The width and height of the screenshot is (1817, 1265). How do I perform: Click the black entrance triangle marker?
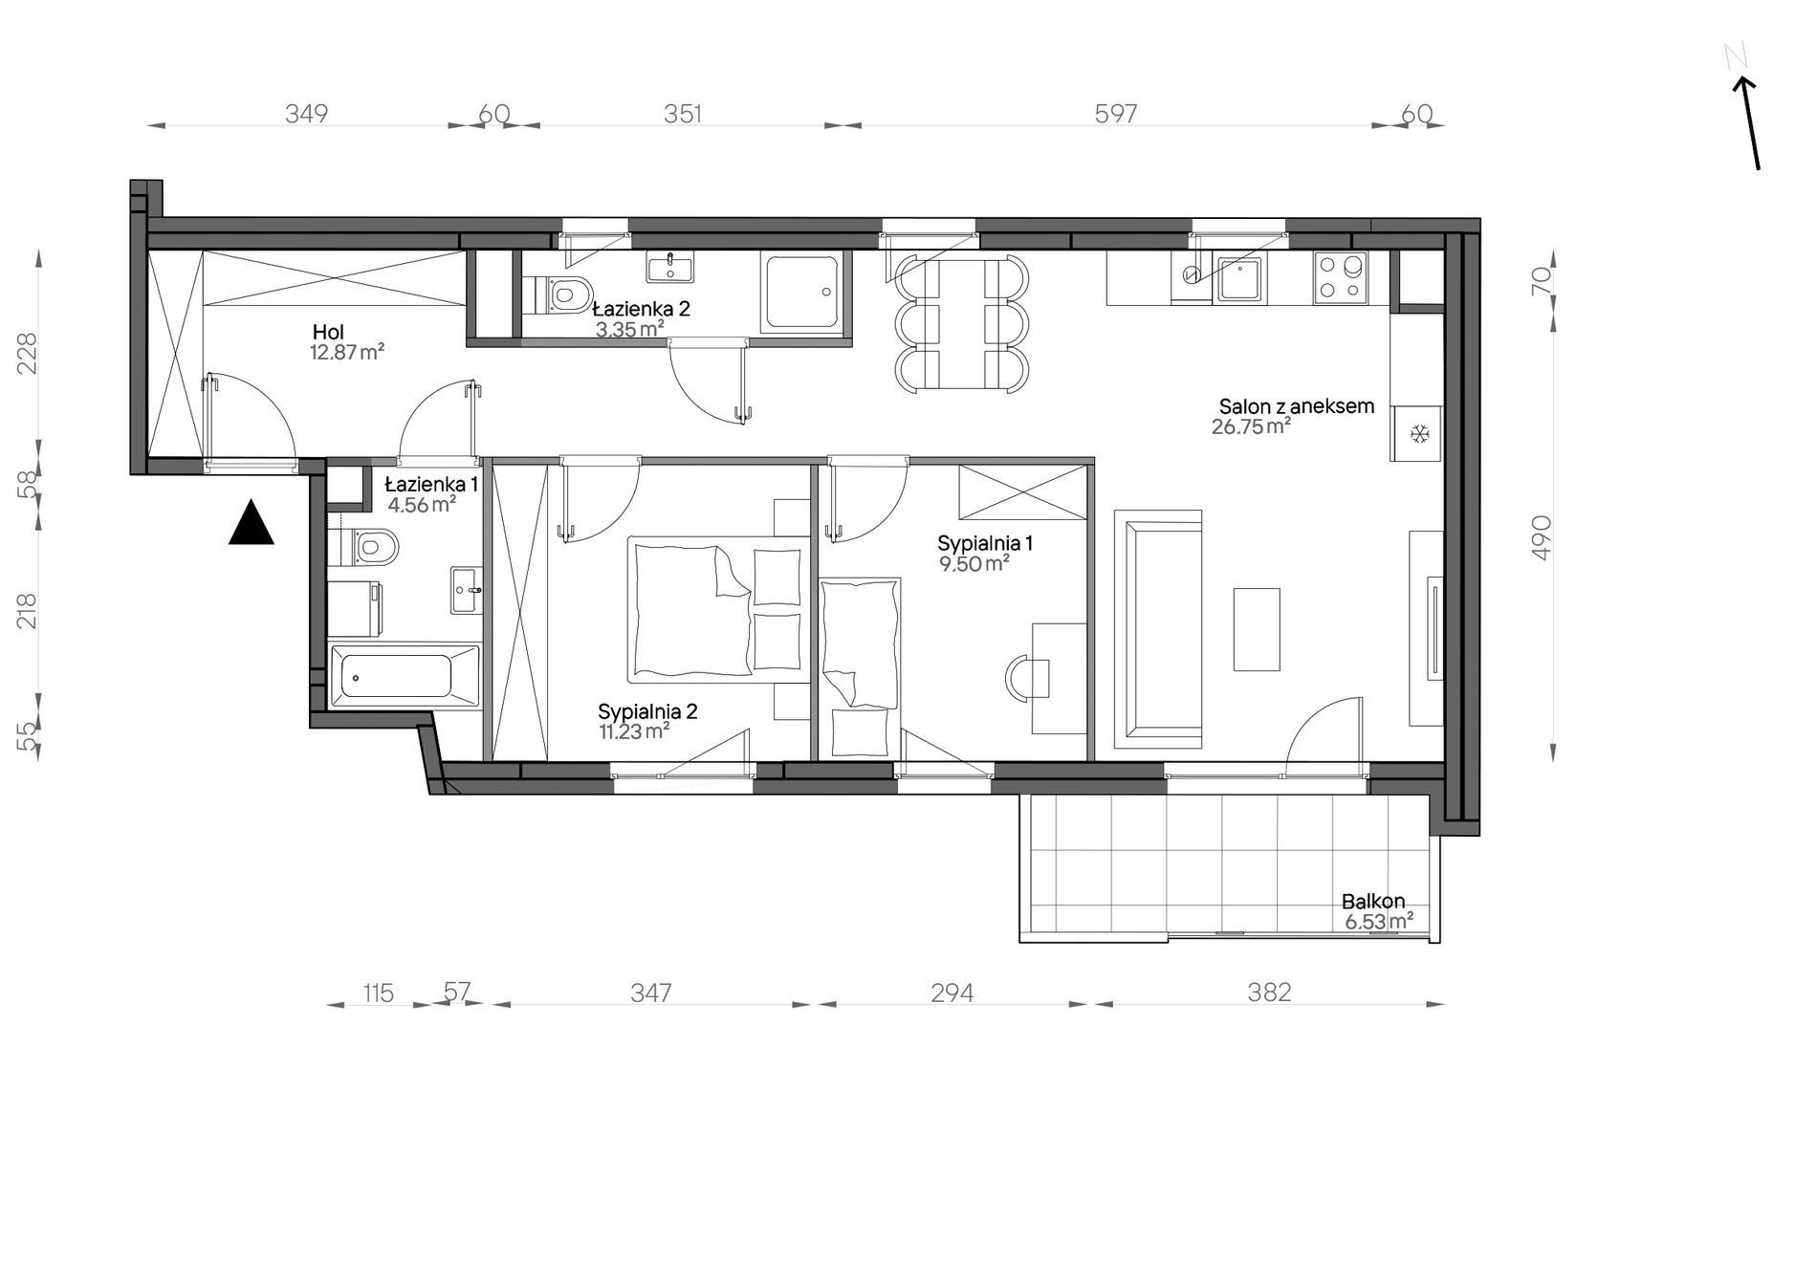(252, 523)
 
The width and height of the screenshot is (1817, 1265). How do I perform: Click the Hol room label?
(328, 332)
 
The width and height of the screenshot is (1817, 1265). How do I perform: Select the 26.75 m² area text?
(1251, 426)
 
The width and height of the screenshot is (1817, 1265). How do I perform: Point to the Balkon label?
(1373, 901)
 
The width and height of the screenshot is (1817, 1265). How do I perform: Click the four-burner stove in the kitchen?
(1340, 277)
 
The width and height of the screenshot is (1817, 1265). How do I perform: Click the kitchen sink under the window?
(1238, 278)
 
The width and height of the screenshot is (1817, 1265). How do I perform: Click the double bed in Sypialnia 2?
(714, 608)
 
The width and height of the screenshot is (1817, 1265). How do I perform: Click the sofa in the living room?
(1158, 629)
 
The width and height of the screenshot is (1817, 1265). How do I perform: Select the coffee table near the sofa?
(1257, 629)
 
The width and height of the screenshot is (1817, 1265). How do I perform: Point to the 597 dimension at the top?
(1115, 114)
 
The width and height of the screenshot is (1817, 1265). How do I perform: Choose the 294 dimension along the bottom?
(952, 993)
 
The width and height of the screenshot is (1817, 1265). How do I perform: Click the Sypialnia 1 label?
(985, 543)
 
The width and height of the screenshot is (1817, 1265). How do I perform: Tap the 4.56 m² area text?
(422, 505)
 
